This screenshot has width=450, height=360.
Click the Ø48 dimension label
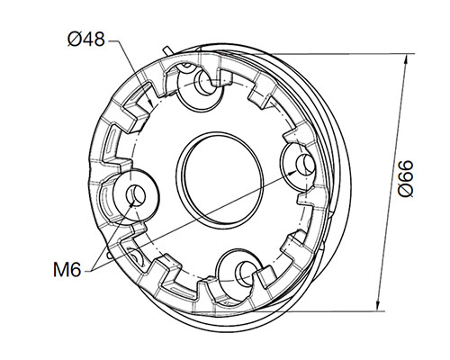pos(86,39)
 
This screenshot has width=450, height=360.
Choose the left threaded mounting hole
pos(137,194)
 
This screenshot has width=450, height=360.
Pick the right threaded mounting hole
pos(301,162)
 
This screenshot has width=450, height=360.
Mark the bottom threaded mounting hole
pos(241,272)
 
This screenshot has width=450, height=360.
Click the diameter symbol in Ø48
pos(74,39)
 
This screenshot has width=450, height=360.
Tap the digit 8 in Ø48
pos(100,39)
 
